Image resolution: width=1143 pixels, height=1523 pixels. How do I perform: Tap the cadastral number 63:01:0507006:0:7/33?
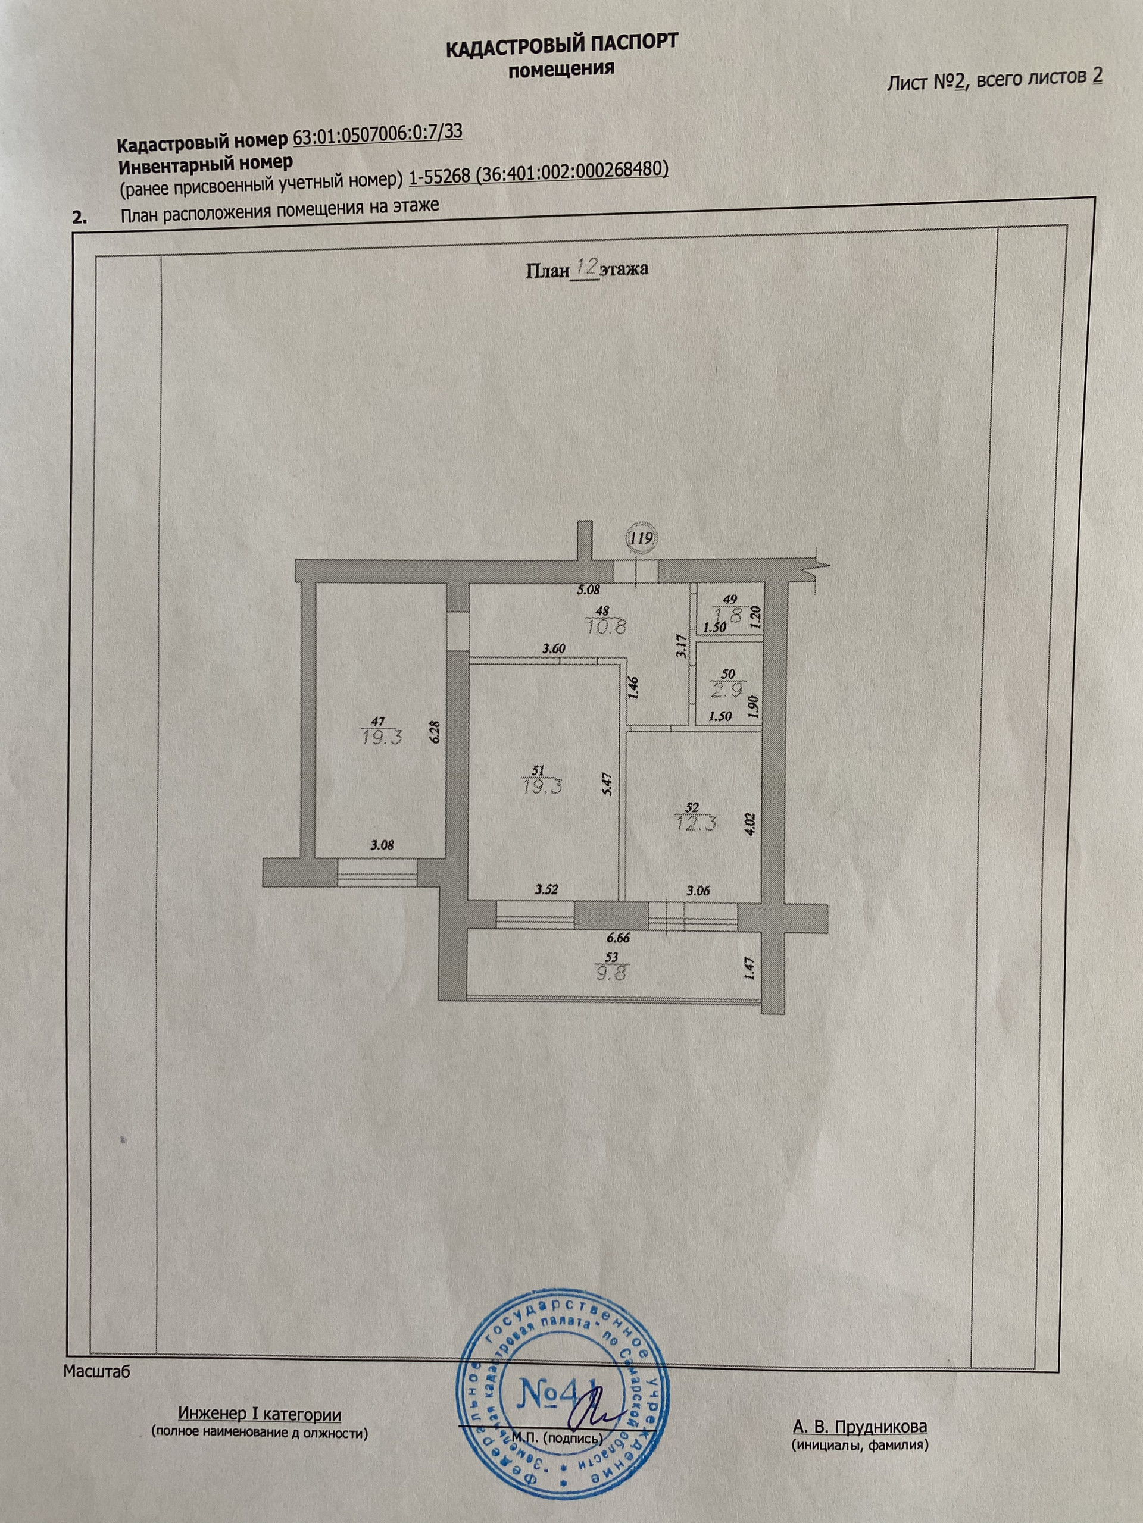tap(377, 134)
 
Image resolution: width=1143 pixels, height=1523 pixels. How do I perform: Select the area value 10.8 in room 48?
tap(606, 627)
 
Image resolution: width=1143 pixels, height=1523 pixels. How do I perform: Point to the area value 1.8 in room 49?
tap(731, 616)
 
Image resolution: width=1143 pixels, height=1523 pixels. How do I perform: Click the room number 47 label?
tap(377, 720)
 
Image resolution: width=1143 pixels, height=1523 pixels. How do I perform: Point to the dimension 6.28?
tap(434, 731)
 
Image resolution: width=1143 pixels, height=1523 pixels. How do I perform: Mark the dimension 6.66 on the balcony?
tap(617, 936)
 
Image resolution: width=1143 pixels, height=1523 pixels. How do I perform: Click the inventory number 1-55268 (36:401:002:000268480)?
tap(538, 173)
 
